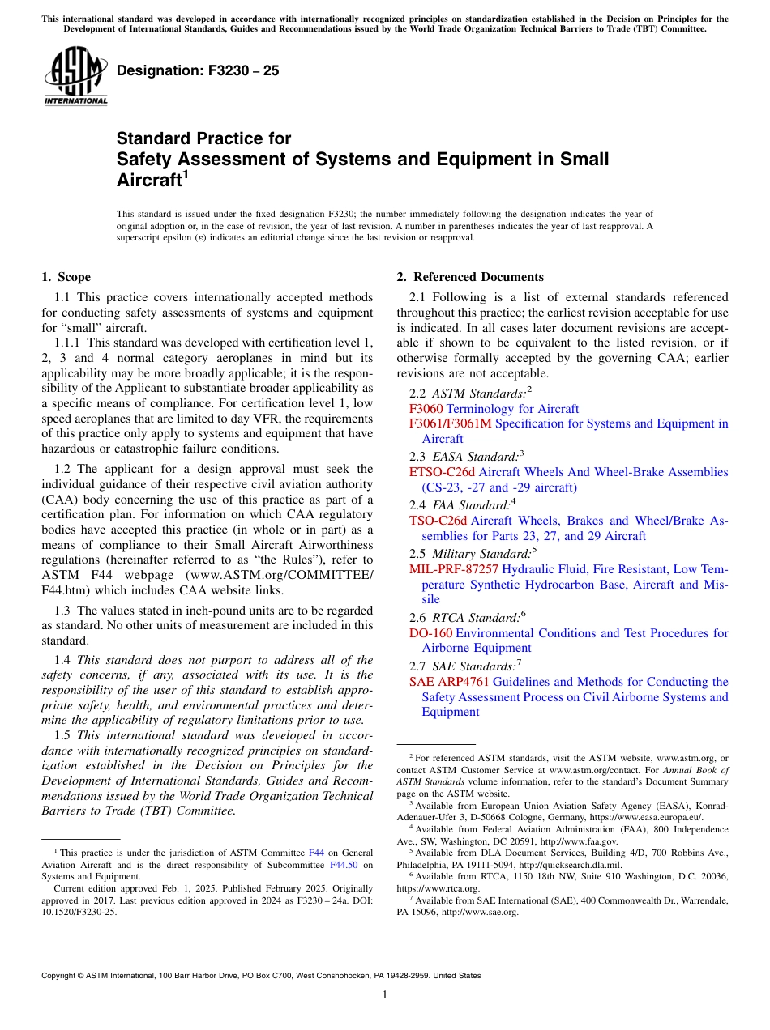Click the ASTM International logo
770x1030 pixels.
75,77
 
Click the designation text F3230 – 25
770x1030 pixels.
198,70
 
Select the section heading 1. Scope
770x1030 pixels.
66,277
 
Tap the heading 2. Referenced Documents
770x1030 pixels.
470,277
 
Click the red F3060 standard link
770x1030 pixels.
426,409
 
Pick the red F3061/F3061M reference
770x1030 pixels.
451,423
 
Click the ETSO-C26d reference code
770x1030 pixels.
443,472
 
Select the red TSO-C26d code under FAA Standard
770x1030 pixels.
438,521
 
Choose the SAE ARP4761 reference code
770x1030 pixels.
449,682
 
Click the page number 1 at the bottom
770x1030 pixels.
385,995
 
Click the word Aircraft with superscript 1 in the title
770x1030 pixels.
148,181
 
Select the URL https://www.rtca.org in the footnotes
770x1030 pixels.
438,888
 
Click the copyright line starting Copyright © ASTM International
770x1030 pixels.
260,976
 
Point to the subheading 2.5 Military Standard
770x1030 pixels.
471,554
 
